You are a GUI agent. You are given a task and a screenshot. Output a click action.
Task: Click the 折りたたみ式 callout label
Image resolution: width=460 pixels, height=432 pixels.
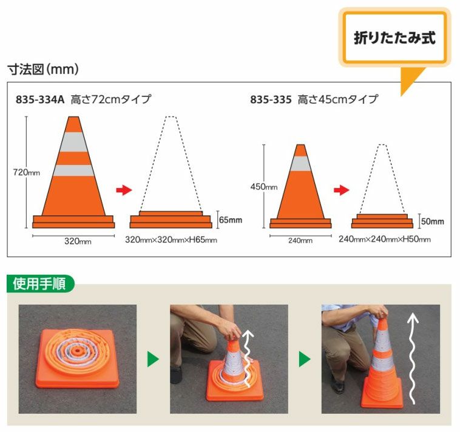tap(395, 38)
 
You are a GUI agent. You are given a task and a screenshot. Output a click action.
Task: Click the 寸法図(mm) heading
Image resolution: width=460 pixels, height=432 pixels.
tap(42, 69)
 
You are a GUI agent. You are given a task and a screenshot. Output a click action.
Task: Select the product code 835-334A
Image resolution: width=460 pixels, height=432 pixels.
tap(40, 99)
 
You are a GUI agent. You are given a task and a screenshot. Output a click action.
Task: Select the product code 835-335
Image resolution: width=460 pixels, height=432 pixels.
tap(271, 99)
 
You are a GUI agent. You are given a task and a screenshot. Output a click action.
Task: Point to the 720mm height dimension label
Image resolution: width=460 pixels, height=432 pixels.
tap(27, 172)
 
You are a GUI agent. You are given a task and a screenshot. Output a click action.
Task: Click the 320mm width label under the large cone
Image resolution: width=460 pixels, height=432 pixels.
tap(78, 241)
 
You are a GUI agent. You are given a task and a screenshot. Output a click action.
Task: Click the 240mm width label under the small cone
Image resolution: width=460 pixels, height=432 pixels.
tap(299, 241)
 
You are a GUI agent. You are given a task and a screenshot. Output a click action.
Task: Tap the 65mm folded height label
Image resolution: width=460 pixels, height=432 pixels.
tap(231, 220)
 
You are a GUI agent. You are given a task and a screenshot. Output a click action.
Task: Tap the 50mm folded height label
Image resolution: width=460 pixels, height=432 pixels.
tap(431, 221)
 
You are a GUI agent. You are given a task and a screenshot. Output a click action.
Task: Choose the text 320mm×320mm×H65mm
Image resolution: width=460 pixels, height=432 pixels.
tap(171, 240)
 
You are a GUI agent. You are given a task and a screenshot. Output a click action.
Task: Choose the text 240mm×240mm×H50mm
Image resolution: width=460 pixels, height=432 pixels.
tap(385, 240)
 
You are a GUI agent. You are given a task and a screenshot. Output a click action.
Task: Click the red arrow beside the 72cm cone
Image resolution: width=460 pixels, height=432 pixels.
tap(124, 191)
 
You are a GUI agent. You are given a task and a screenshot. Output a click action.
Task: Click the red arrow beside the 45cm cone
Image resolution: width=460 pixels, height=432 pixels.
tap(343, 191)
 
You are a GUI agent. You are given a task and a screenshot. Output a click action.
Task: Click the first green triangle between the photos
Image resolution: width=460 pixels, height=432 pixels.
tap(153, 359)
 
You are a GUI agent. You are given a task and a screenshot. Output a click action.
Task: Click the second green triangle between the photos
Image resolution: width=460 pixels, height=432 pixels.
tap(305, 359)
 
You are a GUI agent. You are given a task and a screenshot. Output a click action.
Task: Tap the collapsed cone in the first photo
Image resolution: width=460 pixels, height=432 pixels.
tap(77, 360)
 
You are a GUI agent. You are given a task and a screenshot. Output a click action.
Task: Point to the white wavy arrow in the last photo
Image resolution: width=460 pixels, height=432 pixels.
tap(413, 358)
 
